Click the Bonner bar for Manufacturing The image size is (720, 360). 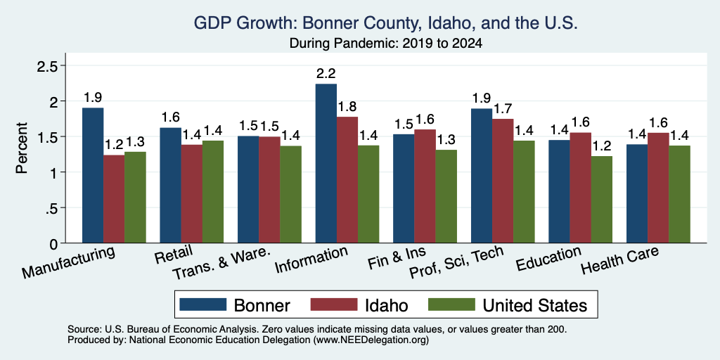coord(93,175)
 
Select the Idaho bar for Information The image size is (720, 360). coord(347,179)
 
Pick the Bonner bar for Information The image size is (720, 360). coord(326,163)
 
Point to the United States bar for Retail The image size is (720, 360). coord(213,191)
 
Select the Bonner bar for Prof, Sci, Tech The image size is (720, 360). coord(482,175)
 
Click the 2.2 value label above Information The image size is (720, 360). coord(326,74)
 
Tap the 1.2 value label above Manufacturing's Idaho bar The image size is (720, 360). coord(114,146)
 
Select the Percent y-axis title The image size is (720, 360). coord(21,148)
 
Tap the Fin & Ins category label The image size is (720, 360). coord(397,259)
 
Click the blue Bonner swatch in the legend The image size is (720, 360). coord(203,304)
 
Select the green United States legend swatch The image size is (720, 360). coord(451,304)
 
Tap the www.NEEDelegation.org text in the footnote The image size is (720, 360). coord(371,340)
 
